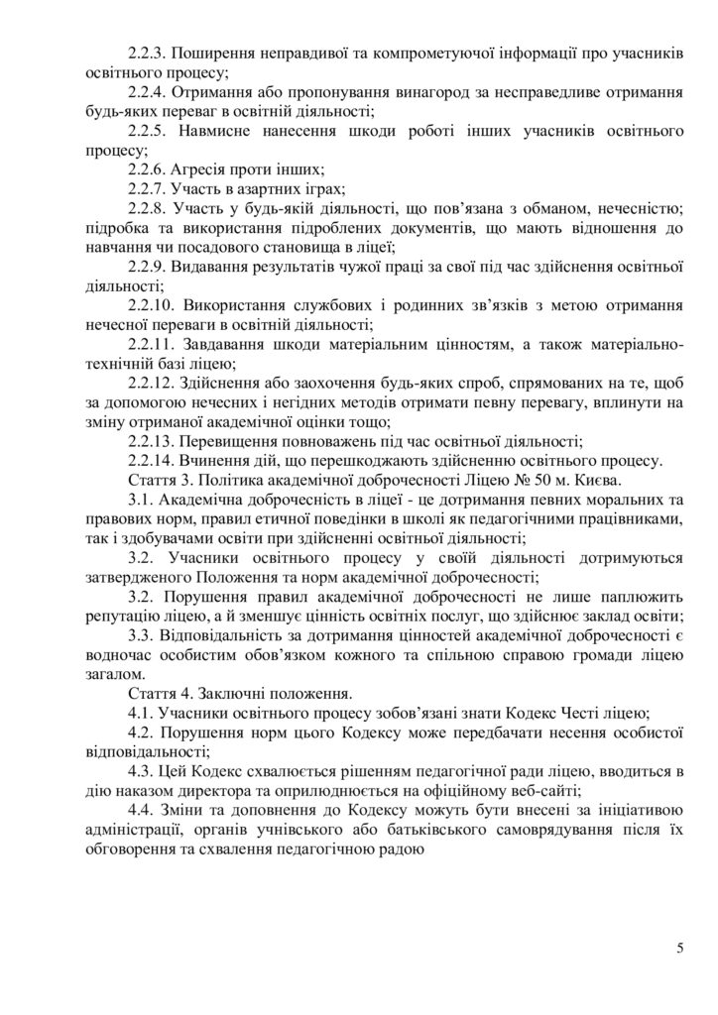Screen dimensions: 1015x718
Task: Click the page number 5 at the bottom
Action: point(680,950)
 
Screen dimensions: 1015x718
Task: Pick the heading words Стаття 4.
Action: point(160,691)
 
